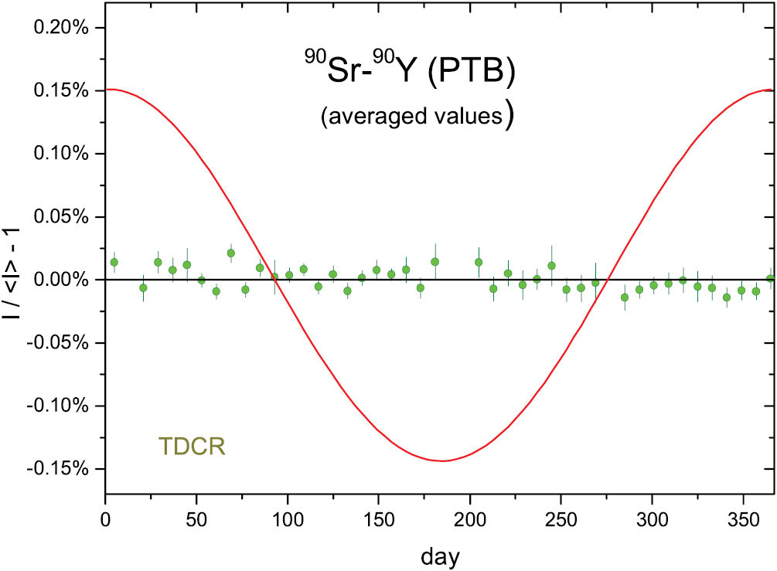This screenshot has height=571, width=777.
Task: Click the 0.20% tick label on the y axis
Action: (x=63, y=28)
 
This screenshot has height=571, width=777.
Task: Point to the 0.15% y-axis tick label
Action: (x=63, y=90)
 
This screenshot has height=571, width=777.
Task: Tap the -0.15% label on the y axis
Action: (x=60, y=469)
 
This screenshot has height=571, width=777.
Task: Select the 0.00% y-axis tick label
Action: (x=63, y=280)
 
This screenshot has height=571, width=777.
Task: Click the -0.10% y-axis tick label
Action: (x=60, y=406)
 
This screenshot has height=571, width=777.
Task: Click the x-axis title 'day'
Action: (x=441, y=555)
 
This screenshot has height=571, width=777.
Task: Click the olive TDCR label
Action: (x=192, y=447)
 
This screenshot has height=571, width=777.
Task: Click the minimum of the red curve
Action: (x=443, y=461)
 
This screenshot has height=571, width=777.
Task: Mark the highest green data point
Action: (x=231, y=253)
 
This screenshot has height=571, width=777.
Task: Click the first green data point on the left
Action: (x=114, y=262)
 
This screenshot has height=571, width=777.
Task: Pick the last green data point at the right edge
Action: (x=770, y=278)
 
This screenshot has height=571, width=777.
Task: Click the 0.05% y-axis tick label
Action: (x=63, y=216)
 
